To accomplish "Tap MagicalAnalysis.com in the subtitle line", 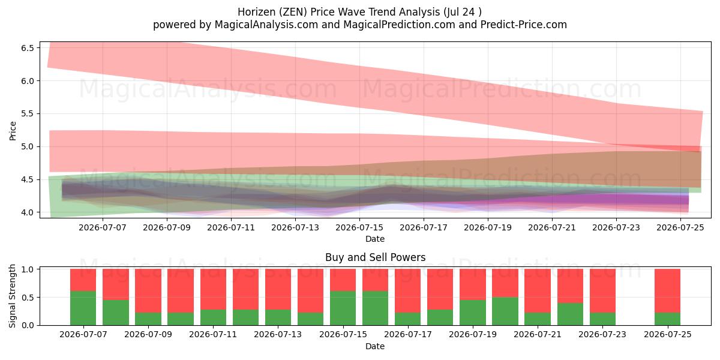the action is tap(266, 25).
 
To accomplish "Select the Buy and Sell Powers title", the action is tap(375, 257).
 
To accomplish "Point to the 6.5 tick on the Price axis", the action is tap(28, 48).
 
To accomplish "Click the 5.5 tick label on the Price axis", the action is tap(28, 114).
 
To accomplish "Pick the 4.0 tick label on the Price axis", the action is tap(28, 212).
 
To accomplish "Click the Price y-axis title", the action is tap(13, 131).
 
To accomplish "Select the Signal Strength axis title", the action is tap(12, 296).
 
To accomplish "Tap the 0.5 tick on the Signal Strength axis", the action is tap(28, 298).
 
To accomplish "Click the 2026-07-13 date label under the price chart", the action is tap(295, 227).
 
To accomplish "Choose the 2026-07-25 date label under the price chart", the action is tap(680, 227).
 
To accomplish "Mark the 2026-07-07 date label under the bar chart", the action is tap(83, 334).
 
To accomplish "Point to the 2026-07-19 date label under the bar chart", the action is tap(473, 334).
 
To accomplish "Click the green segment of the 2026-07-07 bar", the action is tap(83, 308).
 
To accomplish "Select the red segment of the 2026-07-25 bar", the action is tap(668, 290).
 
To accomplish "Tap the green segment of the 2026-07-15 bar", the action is tap(343, 308).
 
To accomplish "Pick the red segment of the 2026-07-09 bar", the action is tap(148, 290).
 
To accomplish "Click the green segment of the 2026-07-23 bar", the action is tap(602, 319).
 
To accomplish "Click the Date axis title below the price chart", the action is tap(375, 239).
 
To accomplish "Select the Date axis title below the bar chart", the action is tap(375, 346).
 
